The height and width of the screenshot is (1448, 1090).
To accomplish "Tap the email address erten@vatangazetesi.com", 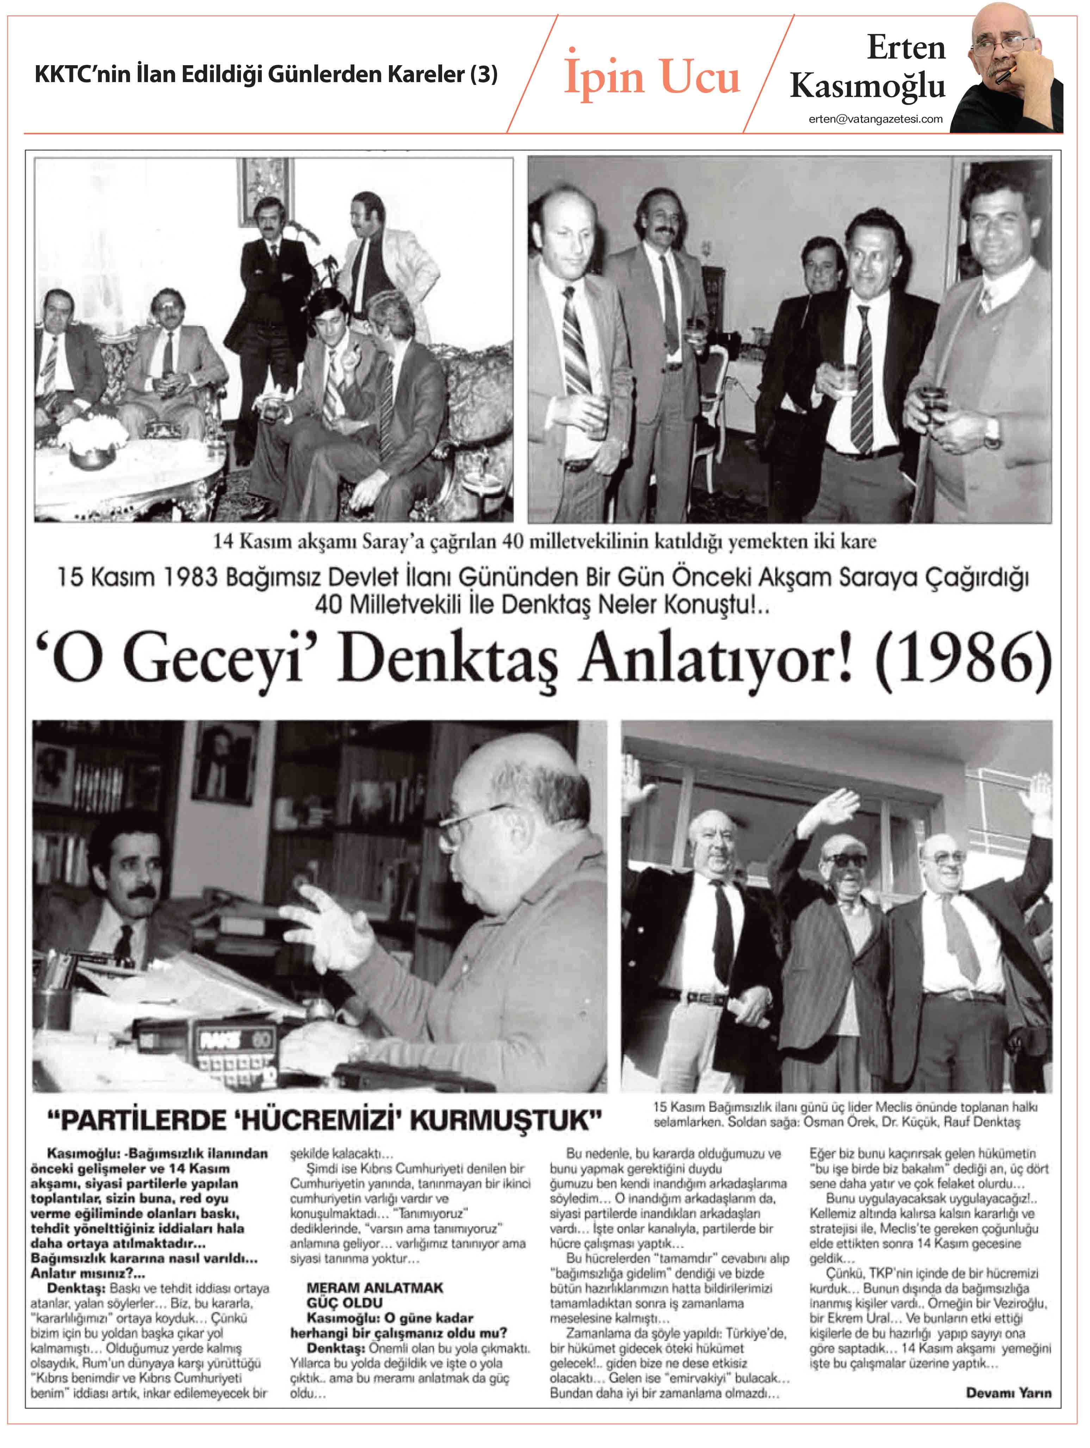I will click(875, 119).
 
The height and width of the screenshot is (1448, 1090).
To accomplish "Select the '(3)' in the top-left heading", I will click(484, 74).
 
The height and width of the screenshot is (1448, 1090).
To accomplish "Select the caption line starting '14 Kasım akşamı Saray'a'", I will click(544, 542).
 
